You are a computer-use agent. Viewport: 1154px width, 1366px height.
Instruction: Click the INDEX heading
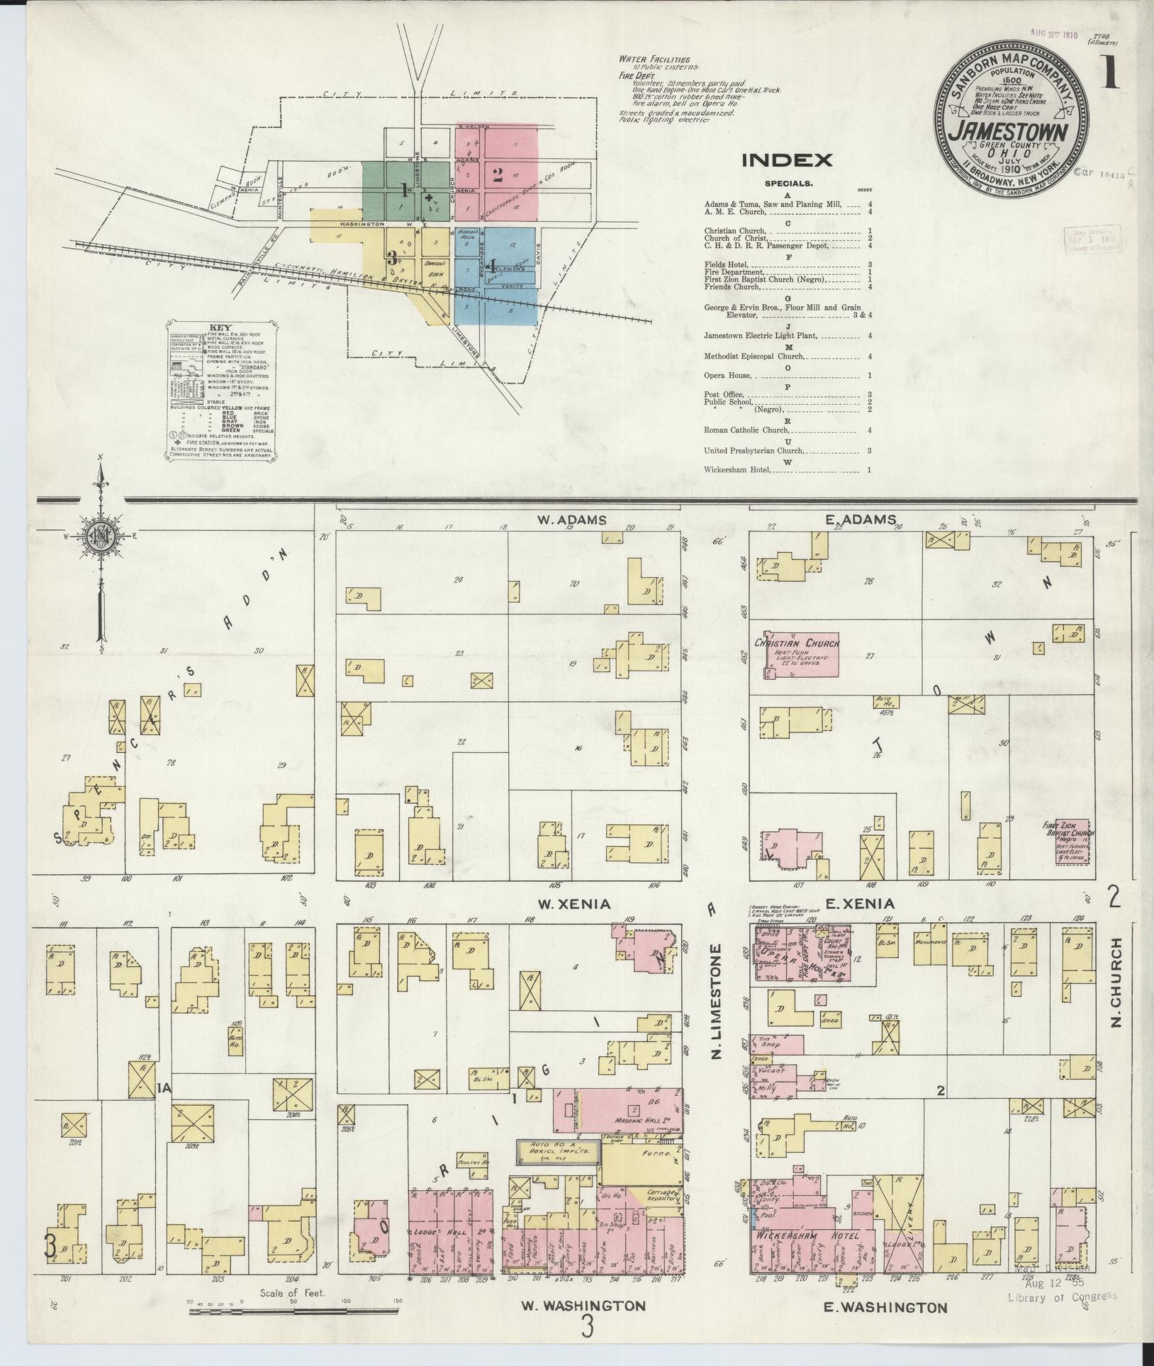pyautogui.click(x=787, y=160)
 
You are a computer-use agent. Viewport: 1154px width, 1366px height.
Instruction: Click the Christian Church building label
pyautogui.click(x=802, y=643)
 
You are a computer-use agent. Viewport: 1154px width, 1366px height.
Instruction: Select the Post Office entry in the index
pyautogui.click(x=724, y=394)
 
